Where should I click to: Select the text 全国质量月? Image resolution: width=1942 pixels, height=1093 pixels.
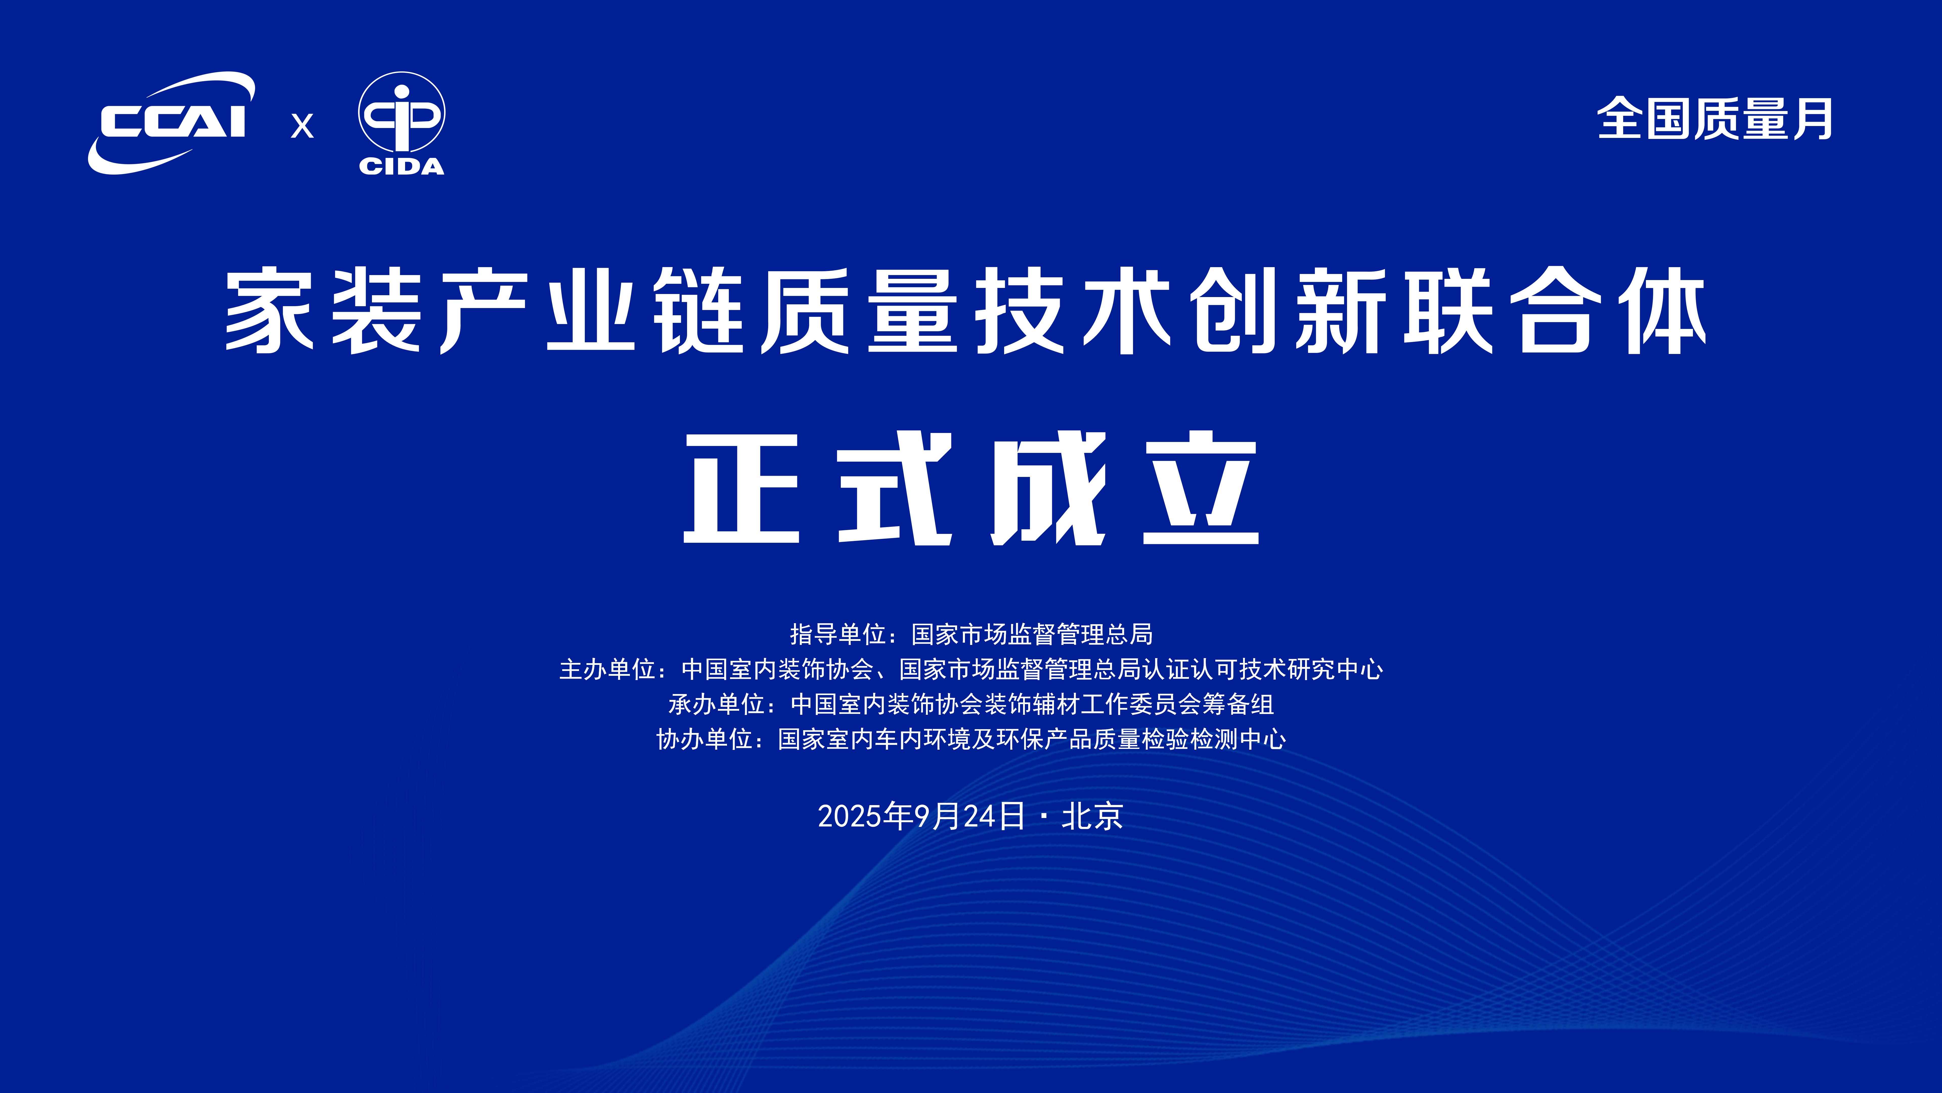point(1714,119)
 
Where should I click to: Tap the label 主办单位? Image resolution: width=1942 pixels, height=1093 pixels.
point(607,669)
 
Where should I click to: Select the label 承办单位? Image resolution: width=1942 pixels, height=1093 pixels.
point(716,704)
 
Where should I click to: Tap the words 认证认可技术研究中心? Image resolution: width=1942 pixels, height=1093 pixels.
point(1263,669)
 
